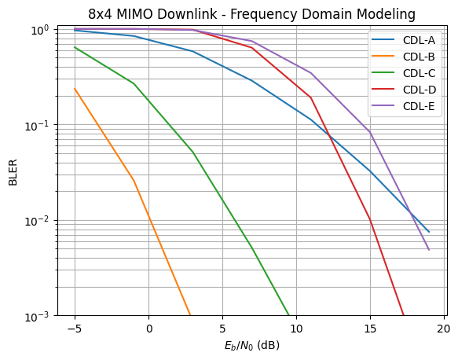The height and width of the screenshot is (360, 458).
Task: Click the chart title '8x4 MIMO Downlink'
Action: tap(251, 14)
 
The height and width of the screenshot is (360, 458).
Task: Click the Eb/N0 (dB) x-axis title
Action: tap(251, 345)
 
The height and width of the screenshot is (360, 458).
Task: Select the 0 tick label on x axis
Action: tap(149, 329)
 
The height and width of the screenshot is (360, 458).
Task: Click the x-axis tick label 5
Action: tap(222, 329)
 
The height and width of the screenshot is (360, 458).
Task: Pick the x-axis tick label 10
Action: tap(296, 329)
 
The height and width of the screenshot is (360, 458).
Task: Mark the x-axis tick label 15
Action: tap(369, 329)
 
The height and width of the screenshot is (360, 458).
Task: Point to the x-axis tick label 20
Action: tap(443, 329)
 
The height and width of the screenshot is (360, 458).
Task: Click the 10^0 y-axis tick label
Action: tap(39, 30)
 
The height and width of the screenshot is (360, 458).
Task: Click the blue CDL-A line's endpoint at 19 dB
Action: tap(429, 232)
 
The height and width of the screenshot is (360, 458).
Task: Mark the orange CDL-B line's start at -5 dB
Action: tap(75, 89)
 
